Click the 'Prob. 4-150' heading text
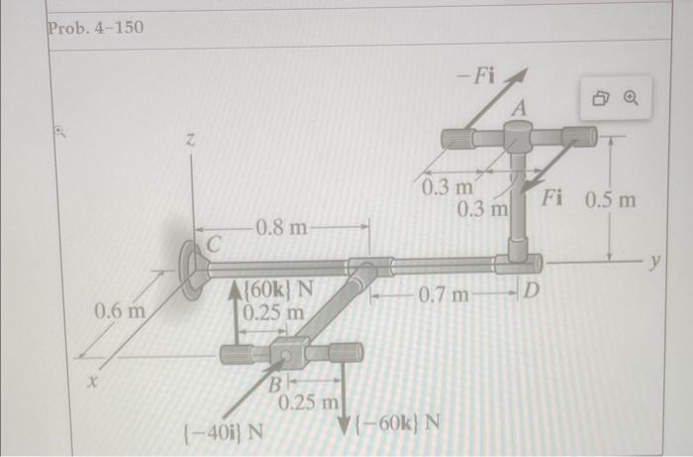(x=95, y=28)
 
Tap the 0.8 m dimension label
(x=281, y=228)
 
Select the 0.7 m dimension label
(x=444, y=294)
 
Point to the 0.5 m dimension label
(x=611, y=200)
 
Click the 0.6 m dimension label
(x=120, y=311)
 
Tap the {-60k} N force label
(x=398, y=423)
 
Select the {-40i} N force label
(x=223, y=431)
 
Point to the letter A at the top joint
(x=521, y=107)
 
